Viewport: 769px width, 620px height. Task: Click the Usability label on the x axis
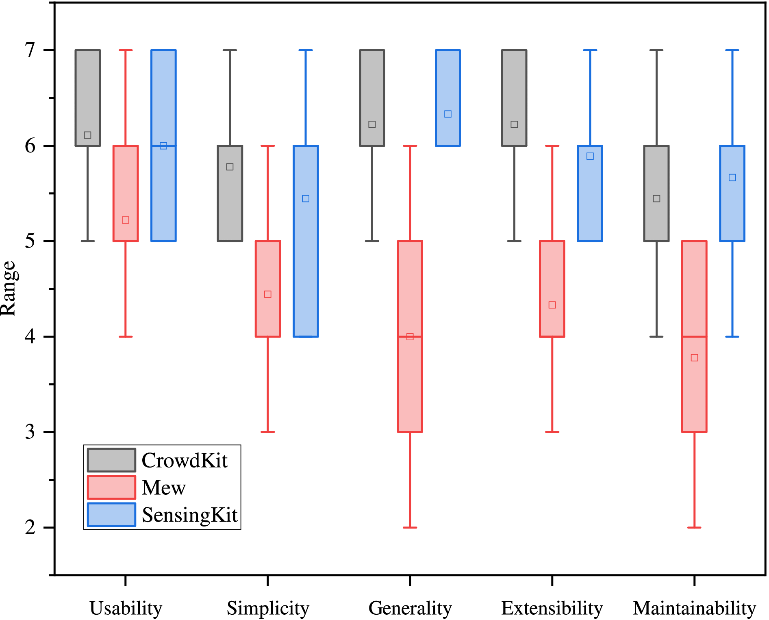click(126, 608)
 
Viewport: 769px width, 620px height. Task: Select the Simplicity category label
click(268, 608)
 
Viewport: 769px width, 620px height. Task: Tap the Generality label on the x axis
click(410, 608)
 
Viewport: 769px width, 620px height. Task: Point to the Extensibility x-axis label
click(552, 608)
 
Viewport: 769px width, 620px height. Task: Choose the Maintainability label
click(694, 608)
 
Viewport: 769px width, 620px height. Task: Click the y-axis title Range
click(8, 289)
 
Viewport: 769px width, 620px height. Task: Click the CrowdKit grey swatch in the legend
click(111, 460)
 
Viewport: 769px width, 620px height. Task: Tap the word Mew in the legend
click(163, 487)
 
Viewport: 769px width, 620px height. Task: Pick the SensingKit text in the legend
click(189, 515)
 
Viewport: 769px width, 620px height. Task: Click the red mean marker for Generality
click(410, 337)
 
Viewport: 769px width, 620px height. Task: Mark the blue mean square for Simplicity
click(306, 198)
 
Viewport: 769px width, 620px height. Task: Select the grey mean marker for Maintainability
click(656, 198)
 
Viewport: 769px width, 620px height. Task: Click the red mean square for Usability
click(126, 220)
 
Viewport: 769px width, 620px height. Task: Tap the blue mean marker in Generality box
click(448, 114)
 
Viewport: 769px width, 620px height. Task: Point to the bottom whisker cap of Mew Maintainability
click(694, 527)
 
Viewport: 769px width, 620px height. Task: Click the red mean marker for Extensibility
click(552, 305)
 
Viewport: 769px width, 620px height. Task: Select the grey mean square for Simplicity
click(230, 167)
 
